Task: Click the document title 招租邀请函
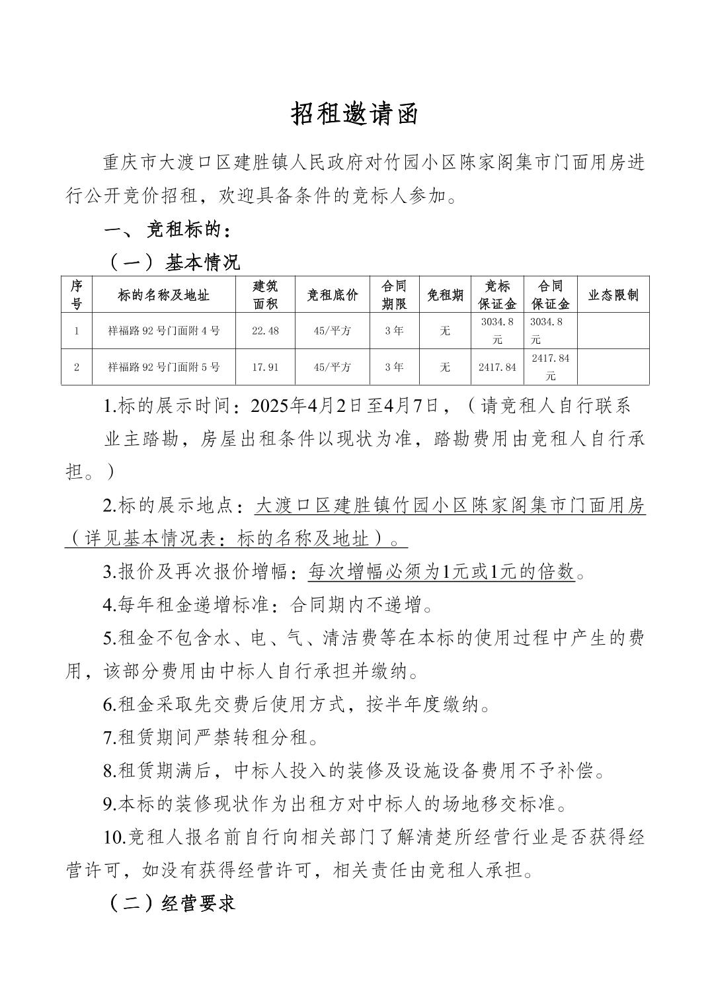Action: click(355, 114)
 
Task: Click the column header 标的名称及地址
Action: click(164, 295)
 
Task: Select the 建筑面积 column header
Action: click(265, 295)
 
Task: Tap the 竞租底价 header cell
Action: click(333, 295)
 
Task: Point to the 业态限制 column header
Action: click(613, 295)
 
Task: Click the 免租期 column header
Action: click(445, 295)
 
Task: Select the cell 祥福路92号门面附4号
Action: click(164, 331)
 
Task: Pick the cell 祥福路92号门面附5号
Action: click(164, 367)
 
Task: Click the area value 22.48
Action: click(265, 331)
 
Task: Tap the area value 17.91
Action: click(265, 367)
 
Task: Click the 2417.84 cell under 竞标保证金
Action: click(497, 367)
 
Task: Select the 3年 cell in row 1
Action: click(394, 331)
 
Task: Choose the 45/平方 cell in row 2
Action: click(333, 367)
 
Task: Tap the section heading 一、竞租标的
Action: click(168, 230)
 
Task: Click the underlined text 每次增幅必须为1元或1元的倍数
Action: click(442, 571)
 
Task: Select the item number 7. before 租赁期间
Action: click(110, 737)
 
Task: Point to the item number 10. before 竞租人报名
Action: click(114, 838)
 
